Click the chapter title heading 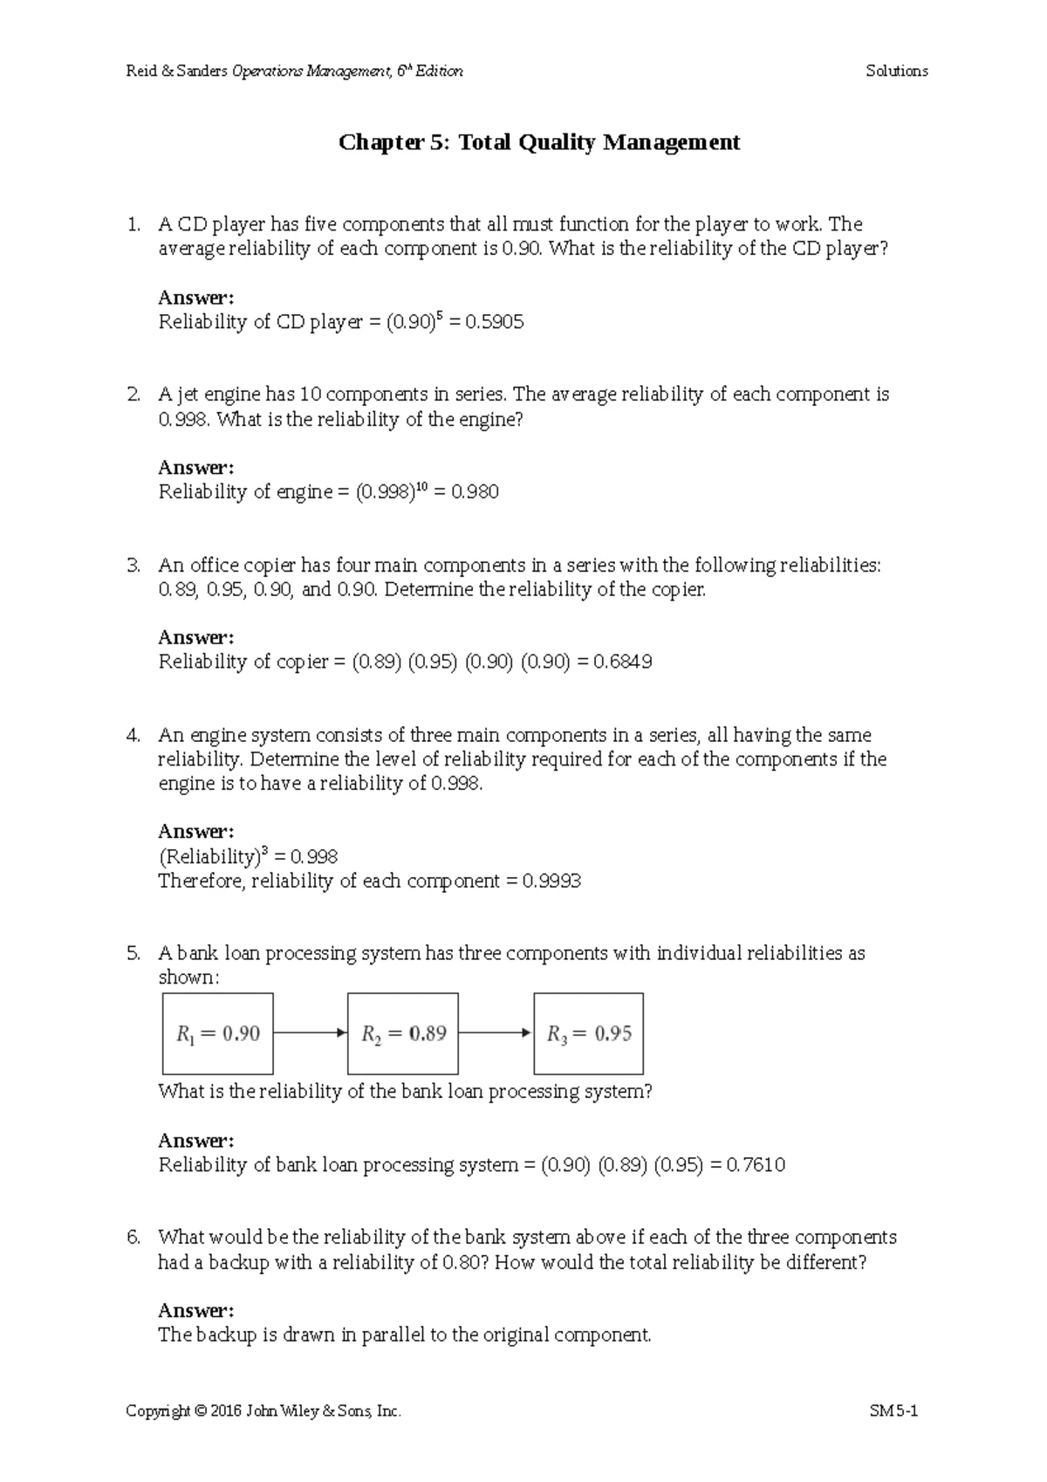click(x=539, y=142)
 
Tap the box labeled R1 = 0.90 click(x=217, y=1033)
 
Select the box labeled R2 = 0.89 click(x=403, y=1033)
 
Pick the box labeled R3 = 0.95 click(x=589, y=1033)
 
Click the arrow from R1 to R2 click(x=310, y=1033)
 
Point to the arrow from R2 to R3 click(x=496, y=1033)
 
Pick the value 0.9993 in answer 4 click(x=551, y=882)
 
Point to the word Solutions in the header click(x=896, y=72)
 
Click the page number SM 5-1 click(x=894, y=1410)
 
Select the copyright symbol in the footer click(x=202, y=1411)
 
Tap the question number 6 click(x=133, y=1238)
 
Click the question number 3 click(x=133, y=566)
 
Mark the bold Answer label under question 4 click(x=195, y=832)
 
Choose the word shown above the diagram click(x=188, y=978)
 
